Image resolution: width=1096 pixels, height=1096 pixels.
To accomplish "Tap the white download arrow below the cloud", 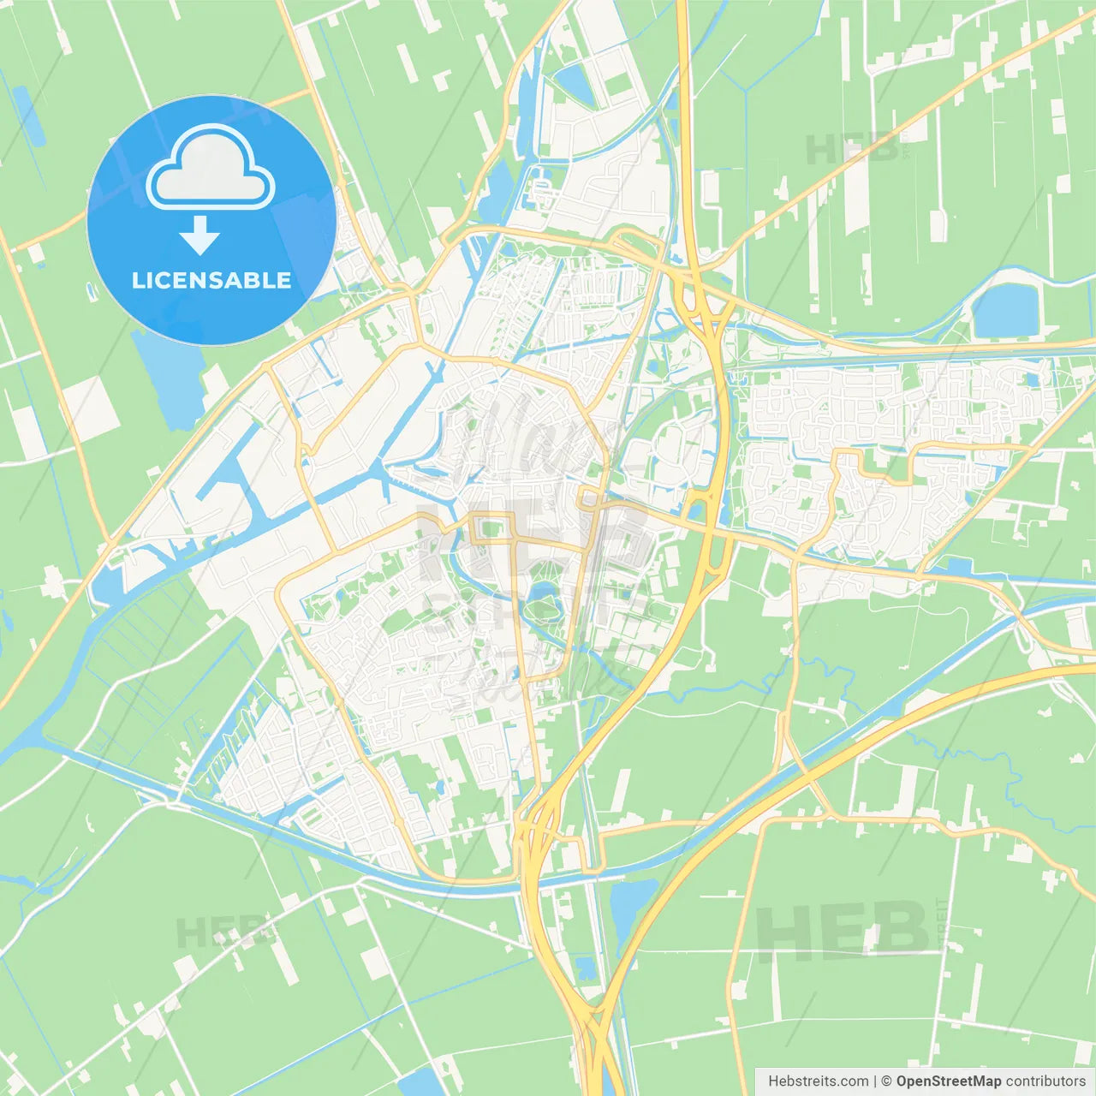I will [199, 235].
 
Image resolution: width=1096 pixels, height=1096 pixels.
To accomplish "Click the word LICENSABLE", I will [211, 281].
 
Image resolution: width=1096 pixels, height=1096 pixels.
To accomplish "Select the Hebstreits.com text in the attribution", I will [818, 1081].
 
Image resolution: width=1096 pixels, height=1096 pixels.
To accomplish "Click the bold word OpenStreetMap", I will [948, 1081].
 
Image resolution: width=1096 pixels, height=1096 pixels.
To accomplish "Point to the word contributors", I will [1045, 1081].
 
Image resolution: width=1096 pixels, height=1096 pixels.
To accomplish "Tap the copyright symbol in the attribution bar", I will [886, 1081].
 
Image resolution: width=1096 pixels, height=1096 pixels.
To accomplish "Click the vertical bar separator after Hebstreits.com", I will [874, 1081].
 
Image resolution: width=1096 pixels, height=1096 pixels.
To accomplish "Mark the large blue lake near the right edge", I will [1005, 310].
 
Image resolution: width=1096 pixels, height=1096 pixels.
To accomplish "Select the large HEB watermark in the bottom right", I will [843, 930].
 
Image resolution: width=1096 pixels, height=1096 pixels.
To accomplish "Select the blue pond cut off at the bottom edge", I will [420, 1083].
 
